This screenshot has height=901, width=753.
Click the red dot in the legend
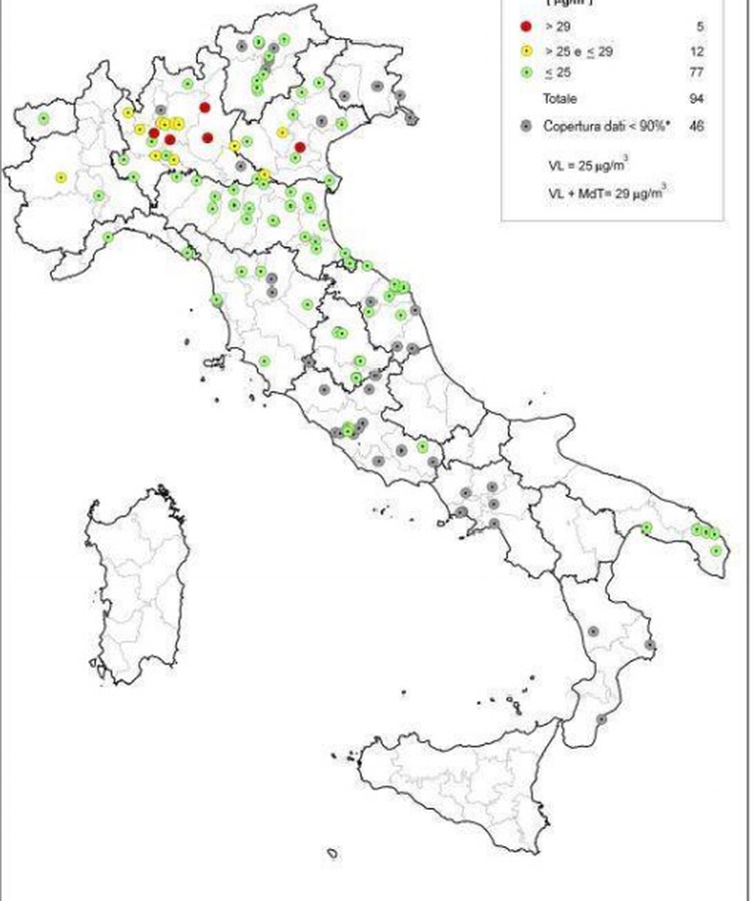coord(527,26)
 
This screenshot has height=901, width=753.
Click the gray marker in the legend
coord(527,125)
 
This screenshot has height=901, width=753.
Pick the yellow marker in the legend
coord(527,51)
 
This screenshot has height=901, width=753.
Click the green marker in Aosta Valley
coord(43,119)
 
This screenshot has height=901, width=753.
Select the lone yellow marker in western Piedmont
coord(61,177)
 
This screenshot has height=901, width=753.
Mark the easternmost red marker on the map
coord(300,147)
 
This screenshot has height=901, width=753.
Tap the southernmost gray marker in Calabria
coord(601,719)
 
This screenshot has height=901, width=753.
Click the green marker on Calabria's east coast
coord(650,645)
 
